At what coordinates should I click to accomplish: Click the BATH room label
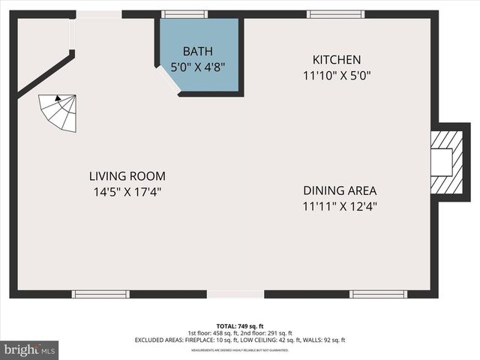198,52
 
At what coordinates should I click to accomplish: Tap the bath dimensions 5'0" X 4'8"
198,67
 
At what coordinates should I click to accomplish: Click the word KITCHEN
337,60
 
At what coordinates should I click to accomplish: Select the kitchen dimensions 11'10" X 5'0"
337,75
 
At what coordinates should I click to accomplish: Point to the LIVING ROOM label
124,176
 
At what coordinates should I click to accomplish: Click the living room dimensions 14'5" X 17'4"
124,192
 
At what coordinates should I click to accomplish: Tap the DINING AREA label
340,190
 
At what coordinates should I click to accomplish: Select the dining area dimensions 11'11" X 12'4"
340,205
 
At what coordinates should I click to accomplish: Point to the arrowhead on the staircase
56,97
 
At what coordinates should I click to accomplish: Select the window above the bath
186,13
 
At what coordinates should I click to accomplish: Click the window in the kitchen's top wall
331,13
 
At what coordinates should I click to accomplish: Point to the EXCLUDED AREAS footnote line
240,340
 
